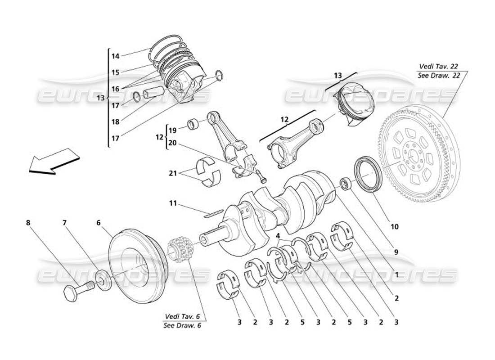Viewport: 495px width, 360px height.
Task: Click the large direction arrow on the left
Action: pyautogui.click(x=53, y=161)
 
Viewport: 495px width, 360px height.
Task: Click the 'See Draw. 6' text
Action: pyautogui.click(x=182, y=325)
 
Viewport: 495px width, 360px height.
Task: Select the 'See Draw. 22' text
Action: pyautogui.click(x=438, y=75)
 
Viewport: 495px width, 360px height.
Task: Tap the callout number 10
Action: pyautogui.click(x=394, y=227)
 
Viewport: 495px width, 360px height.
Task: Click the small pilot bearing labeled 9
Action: pyautogui.click(x=346, y=184)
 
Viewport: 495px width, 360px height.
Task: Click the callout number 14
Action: pyautogui.click(x=115, y=56)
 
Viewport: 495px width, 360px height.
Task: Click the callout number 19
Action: pyautogui.click(x=172, y=130)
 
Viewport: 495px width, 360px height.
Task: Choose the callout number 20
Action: pyautogui.click(x=172, y=143)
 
